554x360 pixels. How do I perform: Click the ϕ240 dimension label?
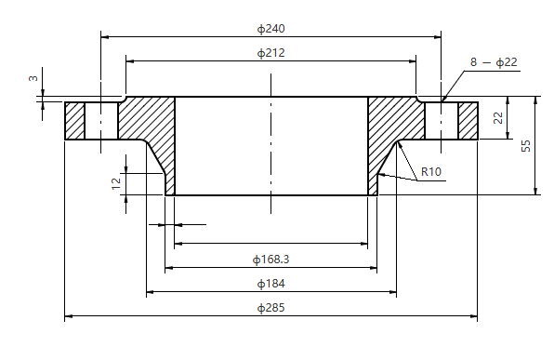[x=270, y=28]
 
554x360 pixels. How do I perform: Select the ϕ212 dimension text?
[x=270, y=52]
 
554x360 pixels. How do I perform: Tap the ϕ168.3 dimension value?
[x=270, y=259]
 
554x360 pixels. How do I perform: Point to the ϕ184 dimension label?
[x=270, y=283]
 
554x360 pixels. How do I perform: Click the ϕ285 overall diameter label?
[x=270, y=308]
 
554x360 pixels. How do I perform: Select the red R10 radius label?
[x=430, y=171]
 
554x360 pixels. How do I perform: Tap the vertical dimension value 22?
[x=498, y=118]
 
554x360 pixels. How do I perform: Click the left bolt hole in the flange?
[x=101, y=120]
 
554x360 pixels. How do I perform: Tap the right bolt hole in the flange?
[x=442, y=120]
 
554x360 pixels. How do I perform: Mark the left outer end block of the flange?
[x=74, y=120]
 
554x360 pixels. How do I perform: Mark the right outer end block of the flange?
[x=468, y=120]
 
